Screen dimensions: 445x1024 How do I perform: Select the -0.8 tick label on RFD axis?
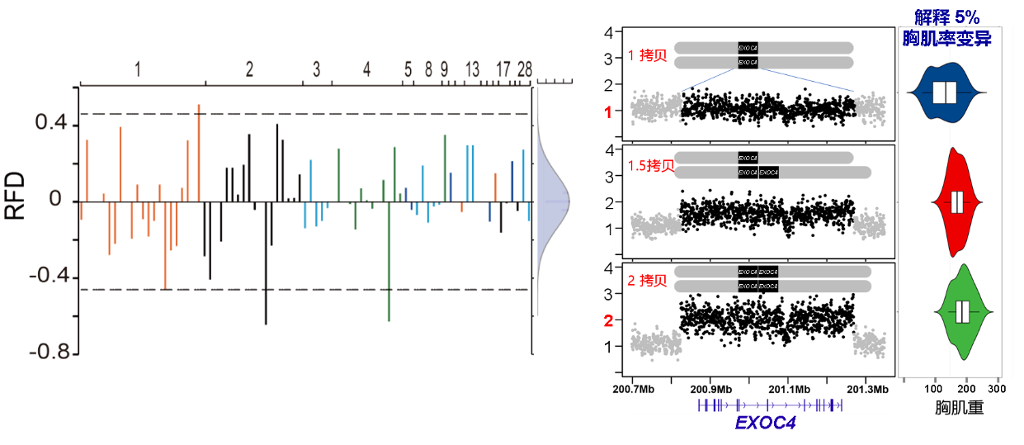coord(48,353)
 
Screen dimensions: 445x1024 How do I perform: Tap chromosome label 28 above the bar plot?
coord(524,69)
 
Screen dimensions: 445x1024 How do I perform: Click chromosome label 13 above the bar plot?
coord(472,69)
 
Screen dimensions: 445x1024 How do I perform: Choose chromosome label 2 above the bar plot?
coord(249,69)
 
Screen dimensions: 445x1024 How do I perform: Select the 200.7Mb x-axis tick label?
coord(633,388)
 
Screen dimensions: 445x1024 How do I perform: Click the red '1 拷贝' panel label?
coord(646,57)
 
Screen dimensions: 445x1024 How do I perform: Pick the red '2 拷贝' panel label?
coord(646,281)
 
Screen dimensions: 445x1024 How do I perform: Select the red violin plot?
coord(956,202)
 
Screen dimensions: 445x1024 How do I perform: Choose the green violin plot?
coord(961,312)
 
